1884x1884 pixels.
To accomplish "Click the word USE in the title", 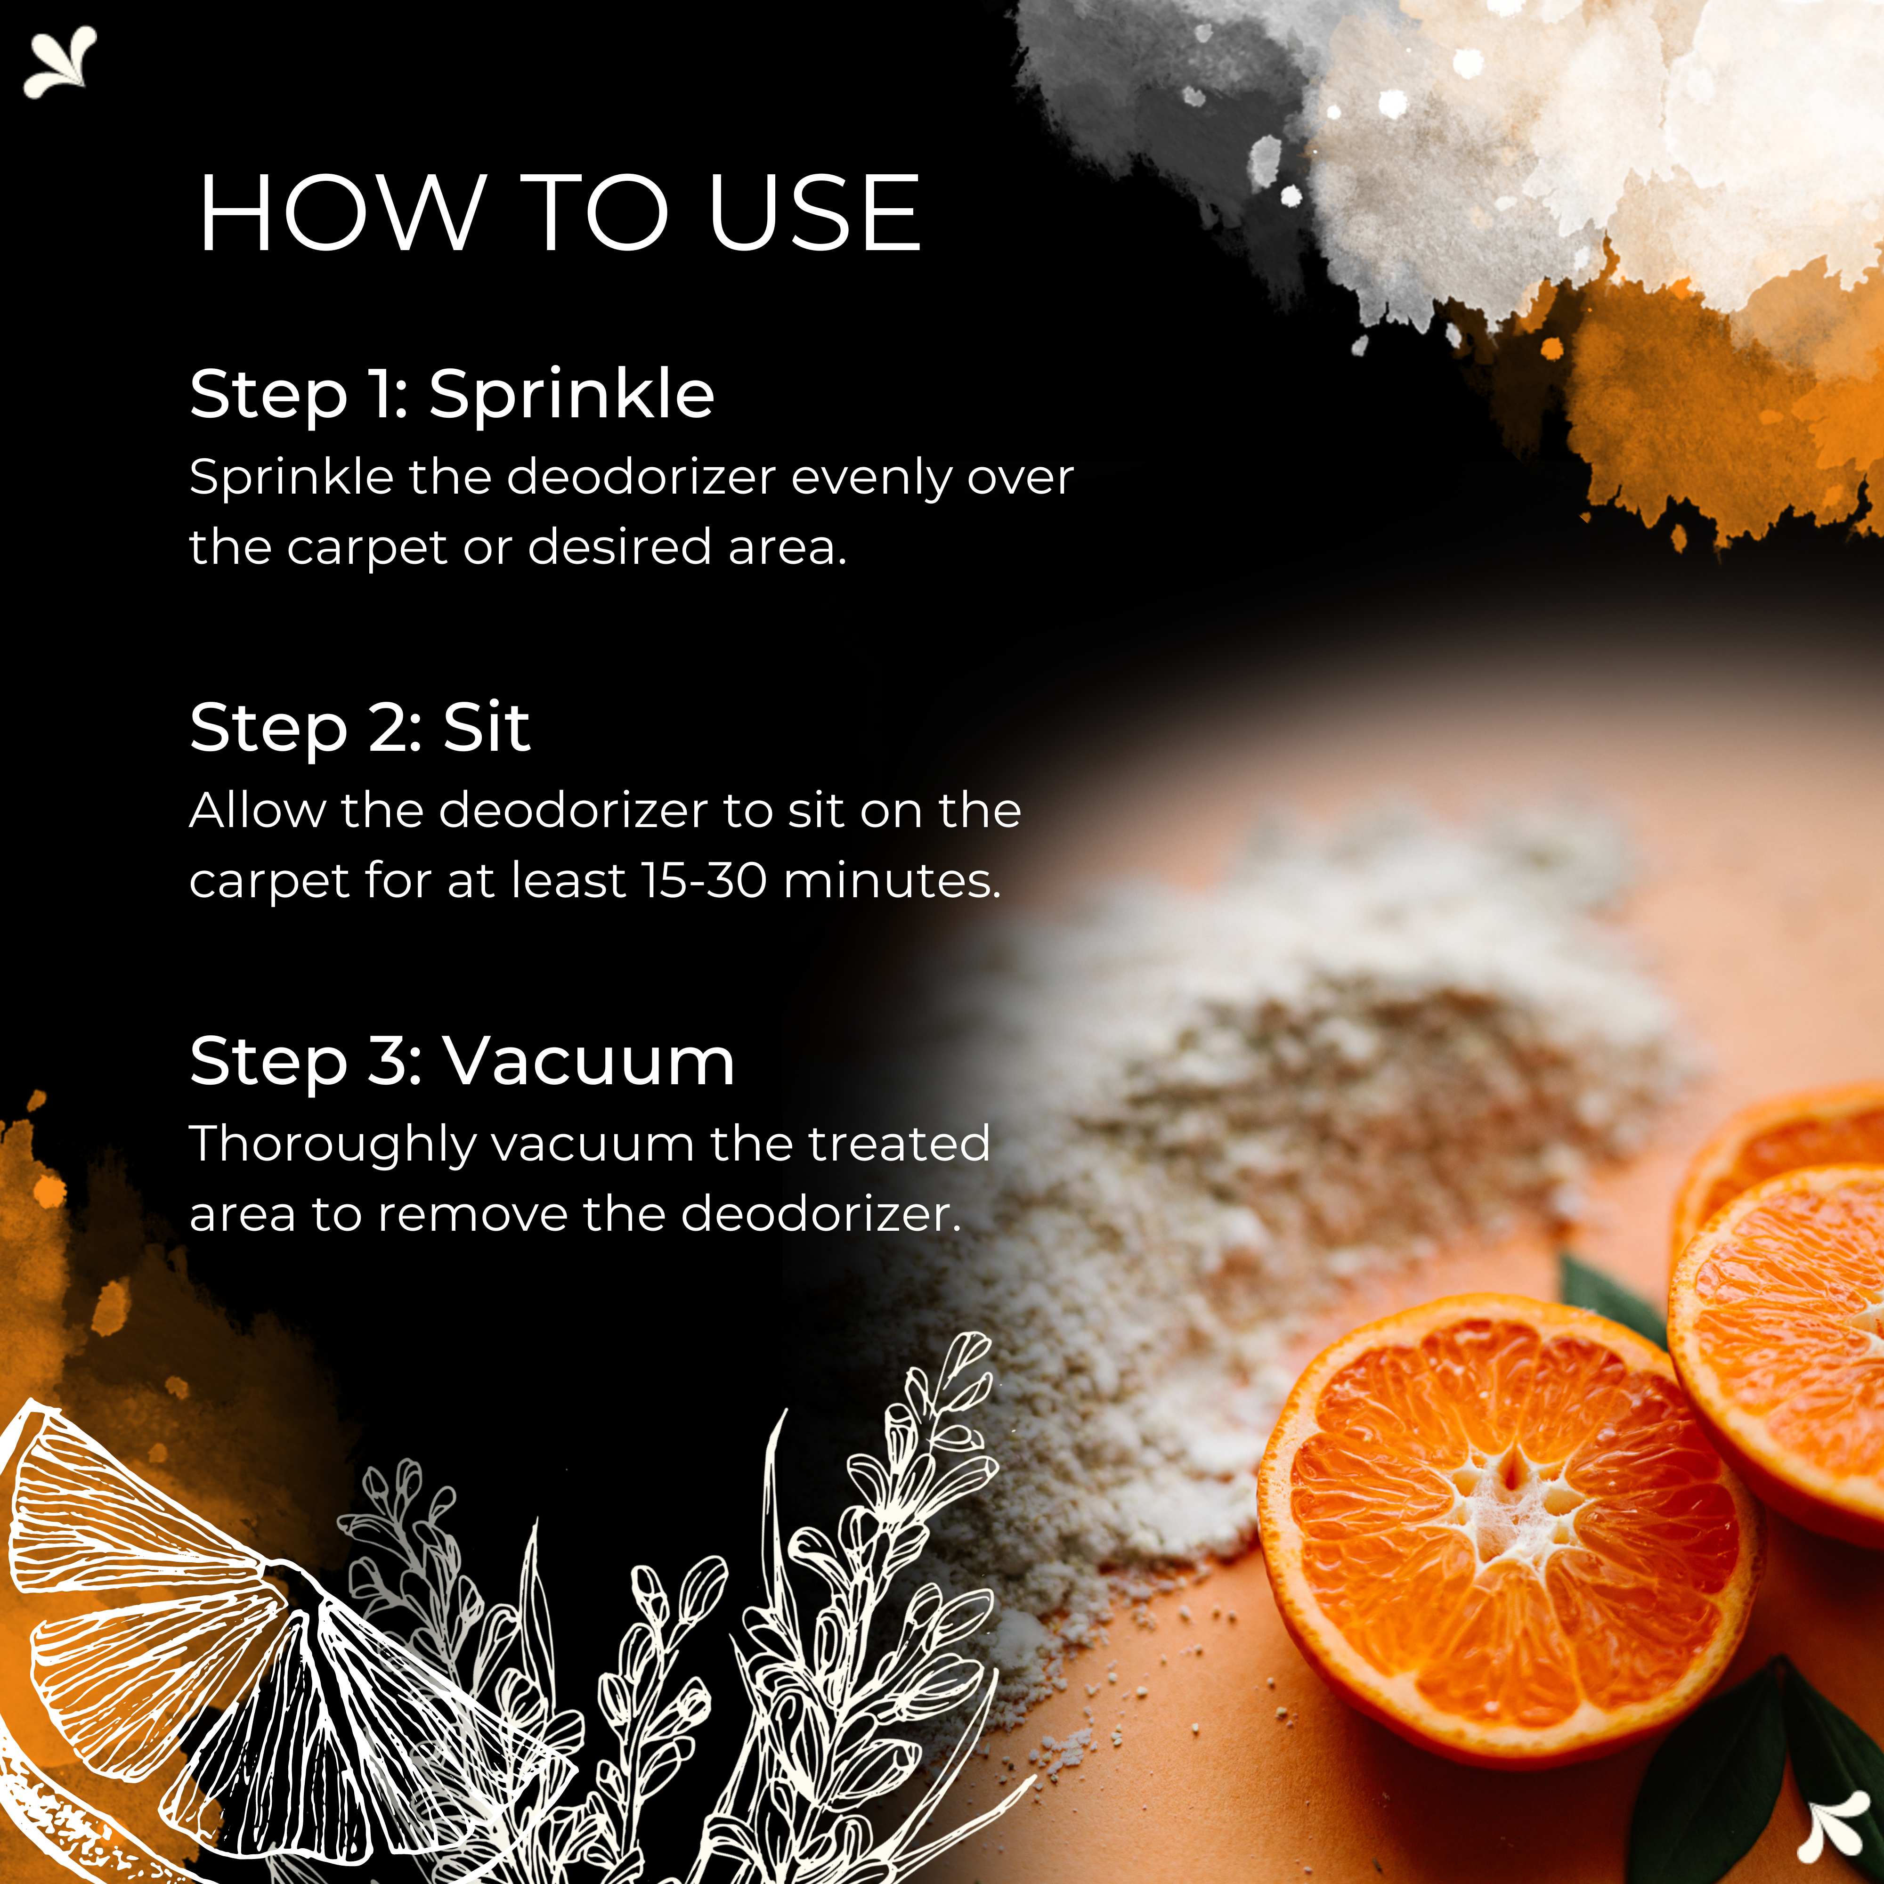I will click(814, 212).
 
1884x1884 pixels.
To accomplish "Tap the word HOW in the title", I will click(341, 212).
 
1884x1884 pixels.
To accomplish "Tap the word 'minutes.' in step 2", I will click(892, 881).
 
